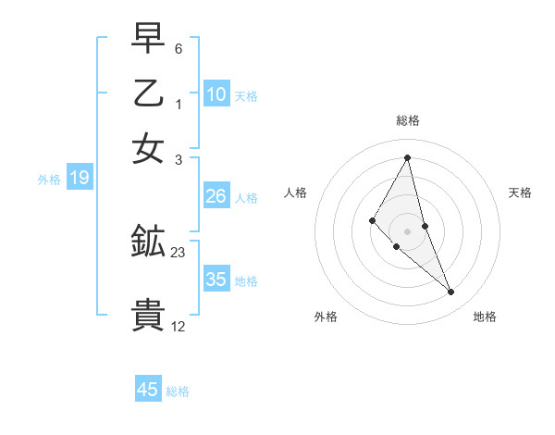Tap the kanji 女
149,149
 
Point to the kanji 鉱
149,242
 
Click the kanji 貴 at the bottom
149,316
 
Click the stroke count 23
179,252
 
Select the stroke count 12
179,326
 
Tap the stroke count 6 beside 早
178,47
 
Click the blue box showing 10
216,93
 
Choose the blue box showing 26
216,196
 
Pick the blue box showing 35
216,280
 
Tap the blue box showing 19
80,178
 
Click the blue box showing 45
148,390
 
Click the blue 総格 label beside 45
178,391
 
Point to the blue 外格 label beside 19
49,180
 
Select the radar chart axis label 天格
520,193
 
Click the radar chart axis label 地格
485,317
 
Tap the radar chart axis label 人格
295,193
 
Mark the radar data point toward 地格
451,292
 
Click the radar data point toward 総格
407,157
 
